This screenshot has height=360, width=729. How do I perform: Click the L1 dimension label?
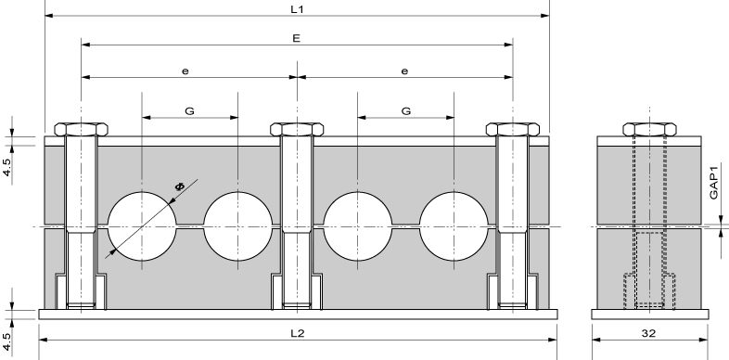(x=297, y=9)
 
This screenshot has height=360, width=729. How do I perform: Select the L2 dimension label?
(x=297, y=333)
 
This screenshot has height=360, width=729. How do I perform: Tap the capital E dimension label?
(x=297, y=38)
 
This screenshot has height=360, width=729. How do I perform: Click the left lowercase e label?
(x=185, y=71)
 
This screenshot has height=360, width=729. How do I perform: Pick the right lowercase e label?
(x=404, y=71)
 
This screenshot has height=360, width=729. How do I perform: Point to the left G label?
(x=189, y=111)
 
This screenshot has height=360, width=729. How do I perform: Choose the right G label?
(x=406, y=111)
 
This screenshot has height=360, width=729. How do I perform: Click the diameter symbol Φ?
(x=179, y=186)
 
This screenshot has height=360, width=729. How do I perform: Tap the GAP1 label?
(x=714, y=181)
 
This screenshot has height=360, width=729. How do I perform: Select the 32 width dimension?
(x=648, y=333)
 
